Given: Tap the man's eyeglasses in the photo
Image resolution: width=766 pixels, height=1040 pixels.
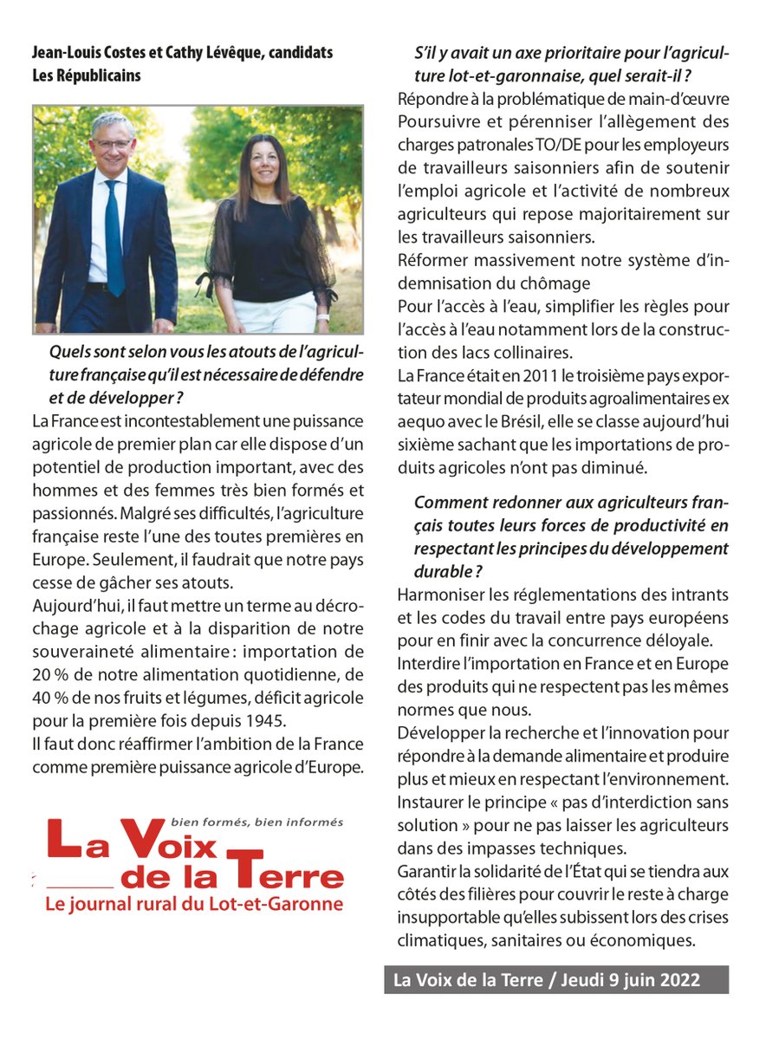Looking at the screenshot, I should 114,143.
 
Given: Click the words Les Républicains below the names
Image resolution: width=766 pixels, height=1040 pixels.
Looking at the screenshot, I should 86,75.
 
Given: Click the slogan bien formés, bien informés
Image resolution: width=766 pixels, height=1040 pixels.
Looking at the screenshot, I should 257,822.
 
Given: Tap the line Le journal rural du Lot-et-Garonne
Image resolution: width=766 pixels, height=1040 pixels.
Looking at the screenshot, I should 193,904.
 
